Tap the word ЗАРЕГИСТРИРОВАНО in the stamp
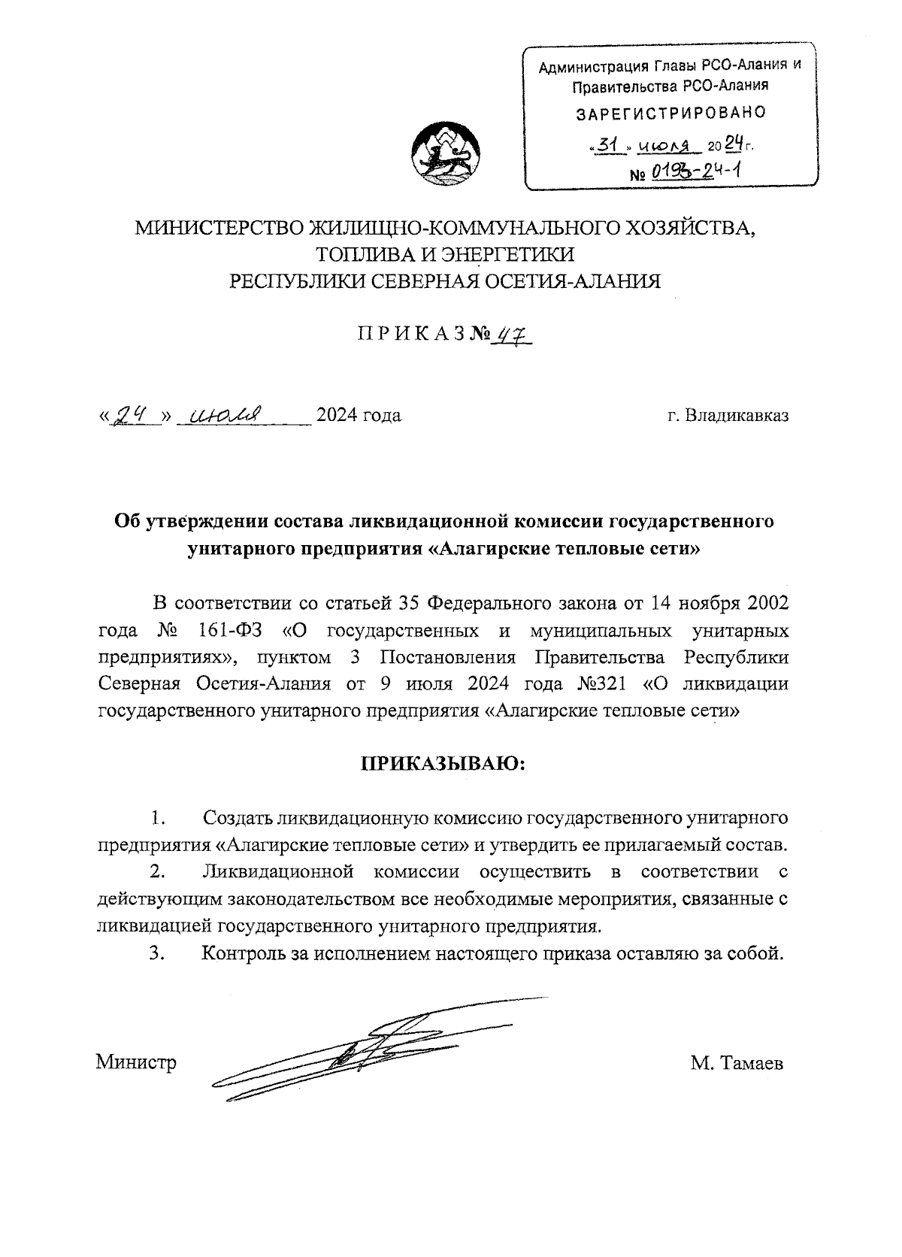(x=670, y=114)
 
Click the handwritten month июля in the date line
(x=225, y=414)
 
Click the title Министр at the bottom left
(x=136, y=1063)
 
